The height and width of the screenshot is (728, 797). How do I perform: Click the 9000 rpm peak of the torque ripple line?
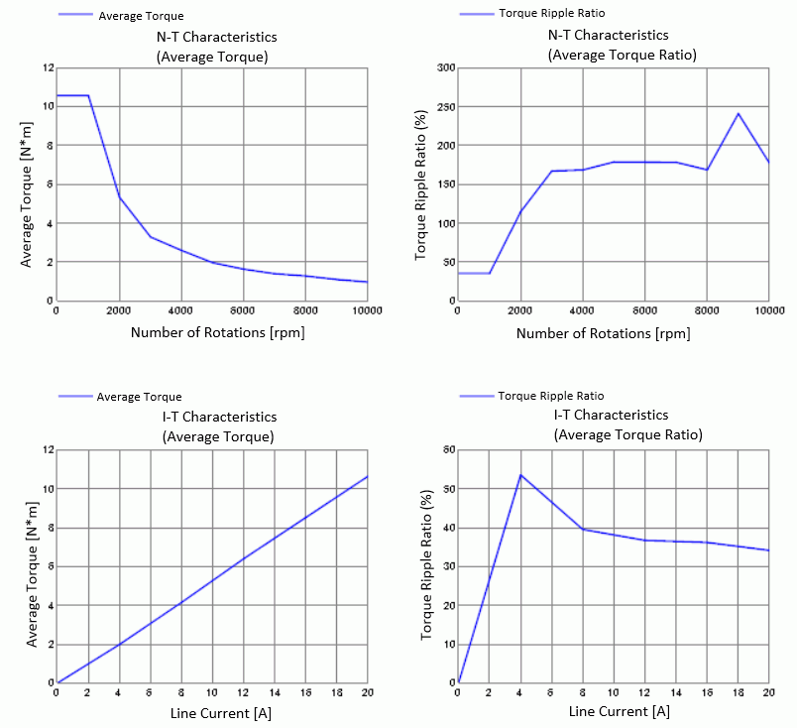point(739,113)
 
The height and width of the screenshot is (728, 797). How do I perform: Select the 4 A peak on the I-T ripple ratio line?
point(520,474)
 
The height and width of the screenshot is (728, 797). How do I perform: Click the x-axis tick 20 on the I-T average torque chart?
point(368,692)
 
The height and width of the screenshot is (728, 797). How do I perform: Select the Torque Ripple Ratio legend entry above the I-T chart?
point(550,396)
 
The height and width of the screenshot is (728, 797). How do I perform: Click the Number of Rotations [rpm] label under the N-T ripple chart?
point(603,334)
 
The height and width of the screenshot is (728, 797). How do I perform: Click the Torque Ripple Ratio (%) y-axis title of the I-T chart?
point(427,565)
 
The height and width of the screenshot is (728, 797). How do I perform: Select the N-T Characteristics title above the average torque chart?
point(217,37)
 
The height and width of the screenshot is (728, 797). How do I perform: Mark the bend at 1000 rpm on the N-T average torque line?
point(89,95)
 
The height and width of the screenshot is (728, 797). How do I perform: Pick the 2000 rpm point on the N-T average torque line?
point(119,196)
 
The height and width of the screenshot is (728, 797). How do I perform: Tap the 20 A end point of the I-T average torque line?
point(368,476)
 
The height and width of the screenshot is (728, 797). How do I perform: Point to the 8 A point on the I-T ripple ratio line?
point(582,529)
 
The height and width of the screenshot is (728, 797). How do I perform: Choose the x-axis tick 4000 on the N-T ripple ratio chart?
point(582,310)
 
